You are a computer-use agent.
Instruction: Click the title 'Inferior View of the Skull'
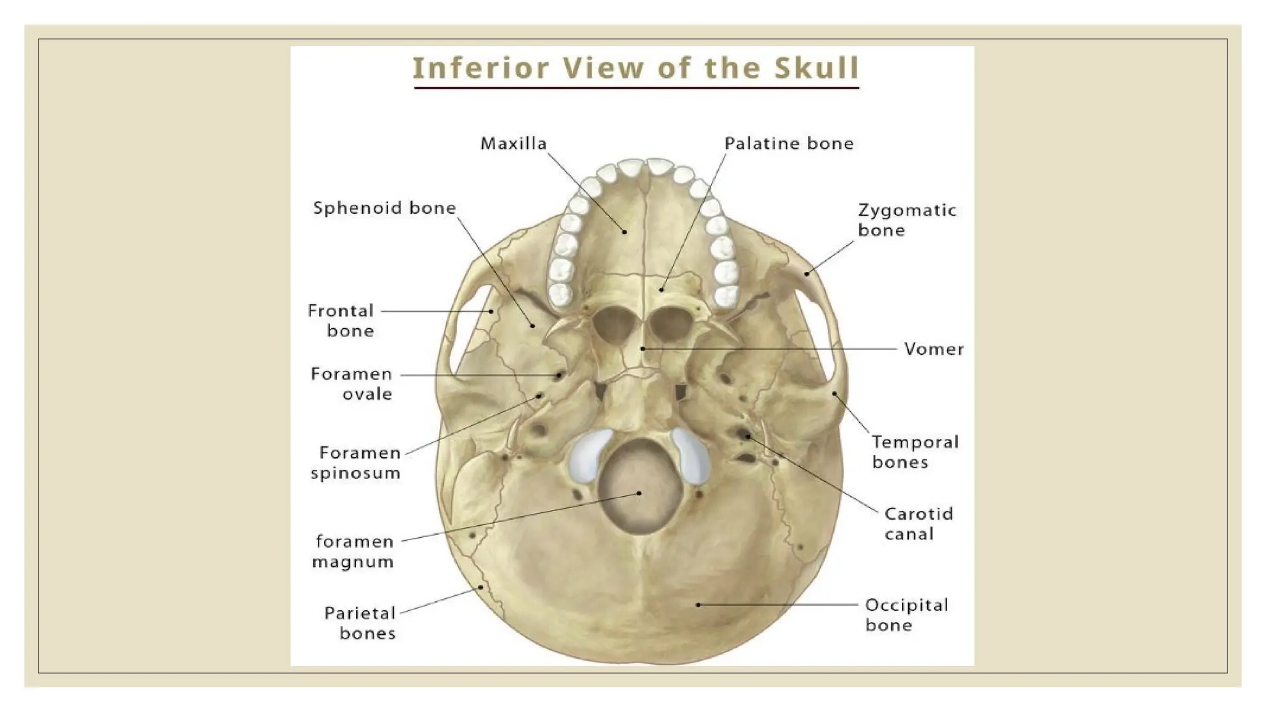coord(635,68)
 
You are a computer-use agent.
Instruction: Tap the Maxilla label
coord(514,144)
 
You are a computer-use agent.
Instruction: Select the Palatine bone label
coord(789,144)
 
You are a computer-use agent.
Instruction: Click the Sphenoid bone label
coord(384,208)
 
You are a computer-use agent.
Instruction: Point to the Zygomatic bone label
coord(906,220)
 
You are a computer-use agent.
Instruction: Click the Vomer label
coord(933,349)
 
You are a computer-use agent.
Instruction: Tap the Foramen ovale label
coord(352,384)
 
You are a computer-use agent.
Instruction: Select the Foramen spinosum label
coord(356,463)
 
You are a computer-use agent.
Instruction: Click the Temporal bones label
coord(915,452)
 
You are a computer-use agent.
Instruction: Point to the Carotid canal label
coord(919,523)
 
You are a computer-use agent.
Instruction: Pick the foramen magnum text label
coord(354,551)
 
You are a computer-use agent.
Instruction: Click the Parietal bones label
coord(360,623)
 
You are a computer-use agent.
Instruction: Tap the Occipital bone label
coord(906,615)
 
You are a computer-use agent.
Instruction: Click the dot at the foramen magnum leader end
coord(639,493)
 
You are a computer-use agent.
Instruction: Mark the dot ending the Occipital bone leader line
coord(699,604)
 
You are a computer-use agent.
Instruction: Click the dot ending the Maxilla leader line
coord(625,232)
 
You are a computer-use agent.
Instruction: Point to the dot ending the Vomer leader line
coord(643,349)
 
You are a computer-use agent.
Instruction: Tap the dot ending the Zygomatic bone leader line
coord(807,274)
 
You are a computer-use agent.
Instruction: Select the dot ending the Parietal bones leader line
coord(482,587)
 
